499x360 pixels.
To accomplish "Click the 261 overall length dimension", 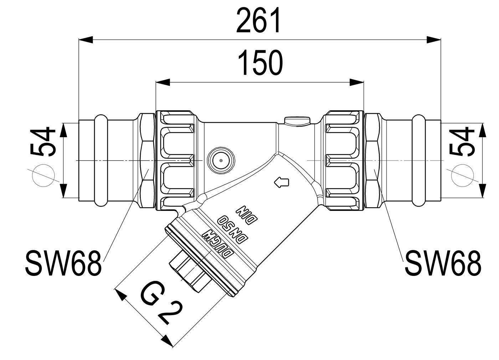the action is pos(258,20).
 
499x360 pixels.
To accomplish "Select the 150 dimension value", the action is pos(260,63).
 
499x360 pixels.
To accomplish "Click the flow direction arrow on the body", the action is pos(282,182).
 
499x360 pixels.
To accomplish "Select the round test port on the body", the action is pos(221,161).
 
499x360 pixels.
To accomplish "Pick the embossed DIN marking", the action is pos(247,214).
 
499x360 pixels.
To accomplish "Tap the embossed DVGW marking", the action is pos(218,244).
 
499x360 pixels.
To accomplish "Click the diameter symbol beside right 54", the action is pos(462,176).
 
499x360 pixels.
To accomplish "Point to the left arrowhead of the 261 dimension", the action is pos(86,40).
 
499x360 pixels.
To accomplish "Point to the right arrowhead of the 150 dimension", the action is pos(357,82).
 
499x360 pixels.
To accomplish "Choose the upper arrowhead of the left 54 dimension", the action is pos(63,130).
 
